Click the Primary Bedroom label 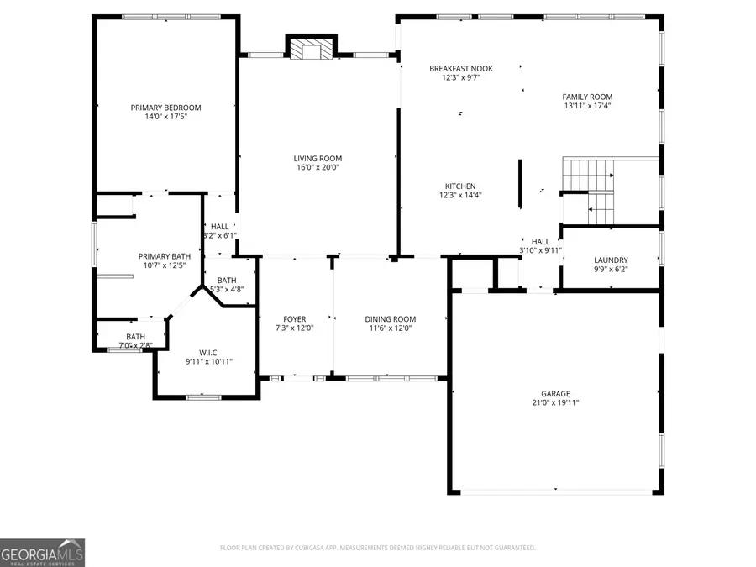pyautogui.click(x=165, y=108)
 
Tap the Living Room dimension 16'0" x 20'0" pyautogui.click(x=318, y=167)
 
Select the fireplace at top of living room pyautogui.click(x=311, y=49)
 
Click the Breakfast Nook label pyautogui.click(x=460, y=69)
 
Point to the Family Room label pyautogui.click(x=587, y=97)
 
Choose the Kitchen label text pyautogui.click(x=460, y=186)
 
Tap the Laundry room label pyautogui.click(x=611, y=260)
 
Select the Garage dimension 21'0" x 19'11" pyautogui.click(x=555, y=402)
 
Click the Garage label pyautogui.click(x=555, y=393)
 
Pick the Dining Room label pyautogui.click(x=390, y=319)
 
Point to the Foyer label pyautogui.click(x=295, y=319)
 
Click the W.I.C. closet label pyautogui.click(x=208, y=352)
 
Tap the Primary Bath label pyautogui.click(x=165, y=256)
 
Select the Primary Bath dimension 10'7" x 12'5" pyautogui.click(x=165, y=265)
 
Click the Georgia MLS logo pyautogui.click(x=42, y=553)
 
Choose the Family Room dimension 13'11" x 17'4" pyautogui.click(x=587, y=106)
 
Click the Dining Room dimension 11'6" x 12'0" pyautogui.click(x=390, y=328)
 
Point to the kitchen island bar pyautogui.click(x=520, y=185)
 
